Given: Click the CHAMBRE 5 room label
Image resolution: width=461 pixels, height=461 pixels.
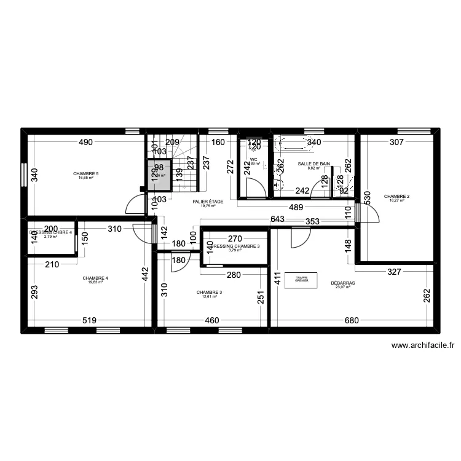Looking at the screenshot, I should (x=86, y=174).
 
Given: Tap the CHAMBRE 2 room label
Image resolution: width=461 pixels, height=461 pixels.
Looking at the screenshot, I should (x=397, y=197).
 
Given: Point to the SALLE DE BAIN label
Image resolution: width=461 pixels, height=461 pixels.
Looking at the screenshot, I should (x=314, y=164).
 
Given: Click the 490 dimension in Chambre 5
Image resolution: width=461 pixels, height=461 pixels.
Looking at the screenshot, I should (x=85, y=143).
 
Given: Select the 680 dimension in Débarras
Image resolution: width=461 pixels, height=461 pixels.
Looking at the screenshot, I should (x=352, y=320).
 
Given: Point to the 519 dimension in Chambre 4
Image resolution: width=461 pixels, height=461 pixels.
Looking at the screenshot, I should (x=89, y=320).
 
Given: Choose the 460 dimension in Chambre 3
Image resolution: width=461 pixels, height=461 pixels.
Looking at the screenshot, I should (x=212, y=320).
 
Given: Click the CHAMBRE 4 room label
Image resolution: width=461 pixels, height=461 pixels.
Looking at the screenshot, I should (x=95, y=278).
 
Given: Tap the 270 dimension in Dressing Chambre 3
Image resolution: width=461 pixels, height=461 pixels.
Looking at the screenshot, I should (x=235, y=238).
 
